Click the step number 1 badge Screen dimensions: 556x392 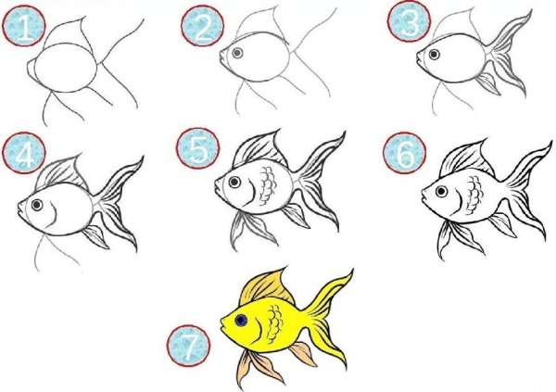pos(24,26)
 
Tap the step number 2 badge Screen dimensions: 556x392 pos(202,26)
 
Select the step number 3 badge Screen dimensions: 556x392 pos(410,21)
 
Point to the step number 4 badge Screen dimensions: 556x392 pos(24,153)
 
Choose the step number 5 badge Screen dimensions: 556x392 pos(198,148)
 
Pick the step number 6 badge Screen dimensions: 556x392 pos(405,153)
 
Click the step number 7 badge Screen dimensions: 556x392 pos(189,346)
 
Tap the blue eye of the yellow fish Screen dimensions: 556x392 pos(241,321)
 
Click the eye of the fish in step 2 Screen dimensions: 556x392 pos(237,53)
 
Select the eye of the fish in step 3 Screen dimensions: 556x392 pos(434,55)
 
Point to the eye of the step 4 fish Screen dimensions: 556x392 pos(37,205)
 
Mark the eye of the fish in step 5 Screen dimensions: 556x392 pos(234,182)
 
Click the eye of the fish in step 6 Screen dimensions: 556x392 pos(441,192)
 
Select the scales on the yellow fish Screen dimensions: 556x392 pos(275,324)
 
